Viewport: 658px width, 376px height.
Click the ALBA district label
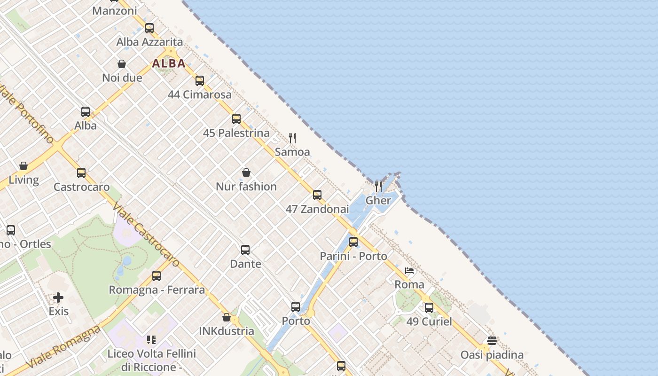(169, 63)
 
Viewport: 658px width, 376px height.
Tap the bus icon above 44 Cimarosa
(200, 81)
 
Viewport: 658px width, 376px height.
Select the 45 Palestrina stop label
(236, 133)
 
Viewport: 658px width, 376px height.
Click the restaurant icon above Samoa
(292, 138)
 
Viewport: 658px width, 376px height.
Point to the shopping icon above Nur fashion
(246, 173)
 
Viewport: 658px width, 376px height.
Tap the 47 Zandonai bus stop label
(317, 209)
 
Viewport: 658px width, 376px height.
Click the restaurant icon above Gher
(378, 186)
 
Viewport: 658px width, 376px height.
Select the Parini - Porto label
(353, 256)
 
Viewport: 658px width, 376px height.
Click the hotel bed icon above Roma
(409, 271)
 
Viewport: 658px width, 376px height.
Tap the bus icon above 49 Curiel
(429, 308)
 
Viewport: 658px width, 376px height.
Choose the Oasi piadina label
(492, 355)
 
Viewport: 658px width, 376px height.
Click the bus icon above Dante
(245, 250)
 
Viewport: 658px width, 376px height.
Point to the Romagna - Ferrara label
(157, 290)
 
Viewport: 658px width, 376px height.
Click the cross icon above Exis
(58, 298)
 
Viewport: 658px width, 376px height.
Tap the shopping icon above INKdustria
(227, 317)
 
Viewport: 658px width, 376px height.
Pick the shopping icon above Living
(23, 166)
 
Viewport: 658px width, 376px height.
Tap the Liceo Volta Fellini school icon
(151, 339)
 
